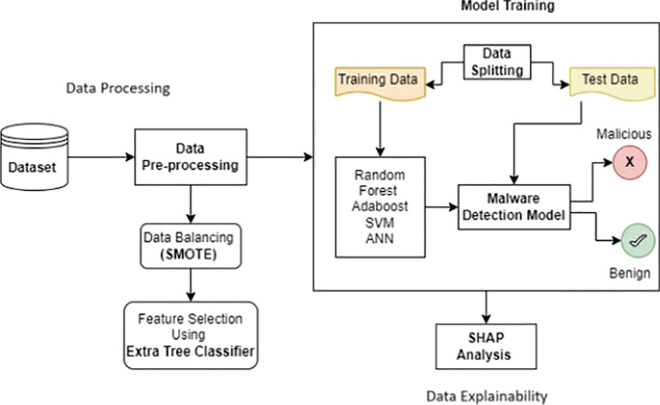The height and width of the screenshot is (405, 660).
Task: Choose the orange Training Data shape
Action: pyautogui.click(x=379, y=82)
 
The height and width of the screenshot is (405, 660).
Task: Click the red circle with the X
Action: pyautogui.click(x=629, y=165)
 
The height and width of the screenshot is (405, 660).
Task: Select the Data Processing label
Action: pyautogui.click(x=118, y=88)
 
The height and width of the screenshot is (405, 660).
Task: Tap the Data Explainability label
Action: pyautogui.click(x=487, y=394)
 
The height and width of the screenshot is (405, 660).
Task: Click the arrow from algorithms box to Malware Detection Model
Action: pyautogui.click(x=440, y=205)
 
